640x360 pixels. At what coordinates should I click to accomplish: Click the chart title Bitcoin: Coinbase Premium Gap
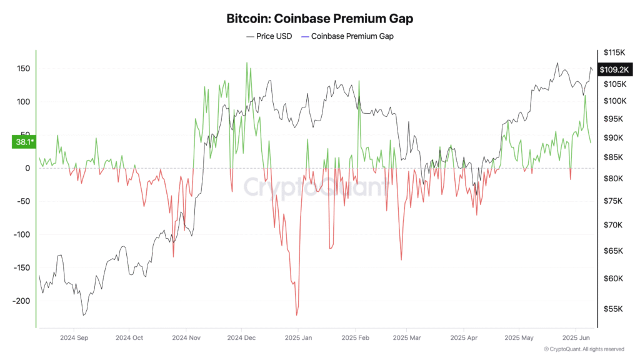pyautogui.click(x=319, y=19)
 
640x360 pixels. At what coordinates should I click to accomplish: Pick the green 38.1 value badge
pyautogui.click(x=24, y=142)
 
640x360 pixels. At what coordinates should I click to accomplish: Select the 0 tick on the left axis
pyautogui.click(x=26, y=168)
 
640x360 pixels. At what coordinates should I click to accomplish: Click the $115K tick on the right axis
pyautogui.click(x=612, y=52)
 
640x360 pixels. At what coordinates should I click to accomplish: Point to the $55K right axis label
pyautogui.click(x=612, y=309)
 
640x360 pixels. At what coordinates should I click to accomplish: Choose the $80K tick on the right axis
pyautogui.click(x=612, y=179)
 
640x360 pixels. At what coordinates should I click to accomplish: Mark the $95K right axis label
pyautogui.click(x=612, y=119)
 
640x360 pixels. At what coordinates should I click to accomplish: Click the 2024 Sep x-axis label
pyautogui.click(x=73, y=337)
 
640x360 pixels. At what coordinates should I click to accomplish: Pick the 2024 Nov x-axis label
pyautogui.click(x=187, y=337)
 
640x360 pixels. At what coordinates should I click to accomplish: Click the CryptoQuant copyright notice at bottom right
pyautogui.click(x=584, y=349)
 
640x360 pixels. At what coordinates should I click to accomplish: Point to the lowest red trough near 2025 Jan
pyautogui.click(x=296, y=315)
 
